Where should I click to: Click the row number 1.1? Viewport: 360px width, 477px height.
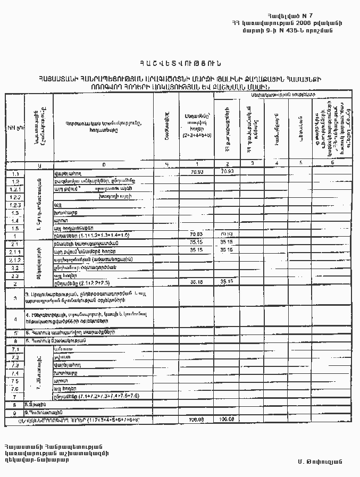[x=14, y=174]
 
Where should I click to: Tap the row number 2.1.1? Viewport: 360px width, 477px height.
[x=15, y=252]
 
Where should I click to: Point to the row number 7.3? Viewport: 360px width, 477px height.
[x=14, y=365]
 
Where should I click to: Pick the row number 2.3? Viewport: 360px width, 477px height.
[x=14, y=276]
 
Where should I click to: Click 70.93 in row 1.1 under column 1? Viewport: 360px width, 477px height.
[x=197, y=172]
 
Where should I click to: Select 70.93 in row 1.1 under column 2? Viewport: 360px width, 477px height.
[x=227, y=172]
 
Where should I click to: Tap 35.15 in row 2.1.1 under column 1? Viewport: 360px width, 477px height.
[x=197, y=249]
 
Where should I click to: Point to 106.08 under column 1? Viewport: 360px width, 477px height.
[x=197, y=420]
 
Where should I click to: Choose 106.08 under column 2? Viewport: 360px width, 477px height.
[x=227, y=420]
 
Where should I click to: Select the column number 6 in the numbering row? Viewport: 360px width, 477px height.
[x=332, y=163]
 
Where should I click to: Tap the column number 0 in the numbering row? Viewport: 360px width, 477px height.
[x=104, y=164]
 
